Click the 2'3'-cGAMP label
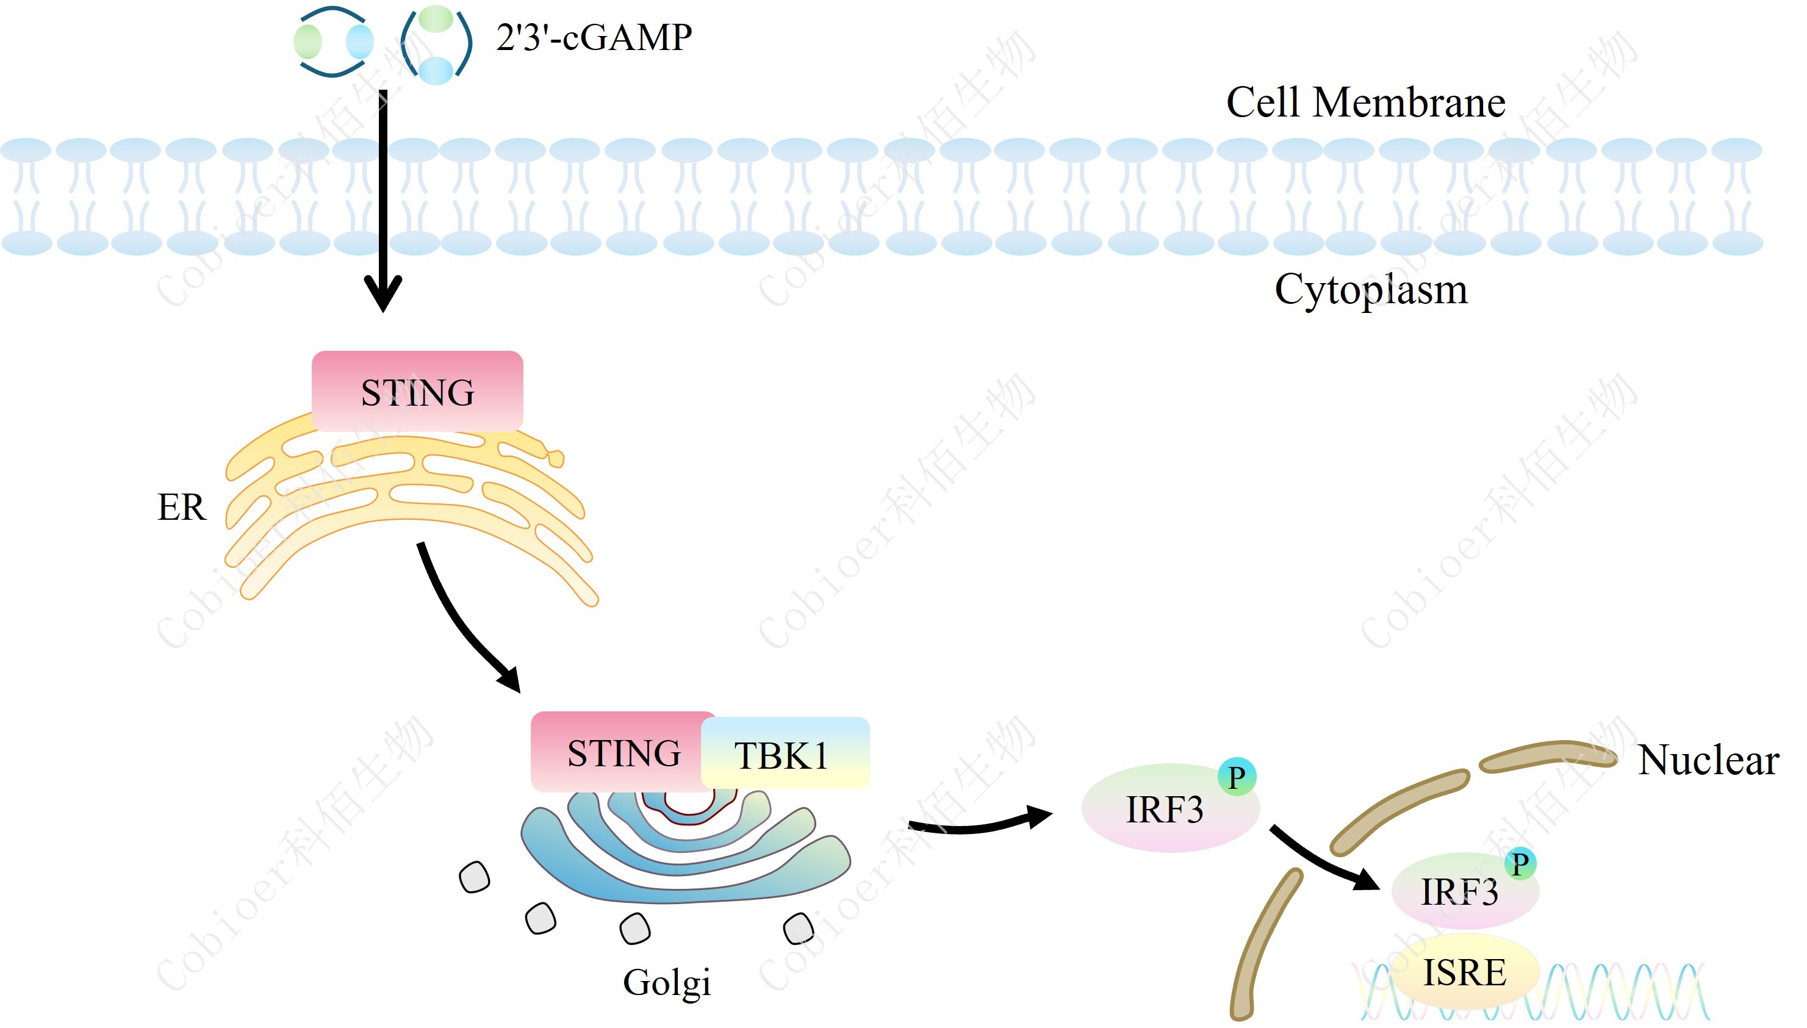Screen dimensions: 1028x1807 click(593, 37)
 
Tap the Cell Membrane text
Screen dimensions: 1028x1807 click(1365, 102)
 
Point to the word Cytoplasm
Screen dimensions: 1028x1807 click(1371, 289)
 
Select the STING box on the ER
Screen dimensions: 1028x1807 click(417, 392)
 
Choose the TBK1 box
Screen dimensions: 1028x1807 click(783, 754)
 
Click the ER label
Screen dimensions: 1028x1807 click(181, 507)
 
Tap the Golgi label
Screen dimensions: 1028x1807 click(666, 982)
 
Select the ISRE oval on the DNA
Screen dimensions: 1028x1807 click(1464, 973)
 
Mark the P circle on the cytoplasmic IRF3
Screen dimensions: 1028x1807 click(1237, 777)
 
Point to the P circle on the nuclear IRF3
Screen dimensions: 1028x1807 click(1520, 863)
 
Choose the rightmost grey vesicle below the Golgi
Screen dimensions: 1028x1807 click(799, 929)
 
